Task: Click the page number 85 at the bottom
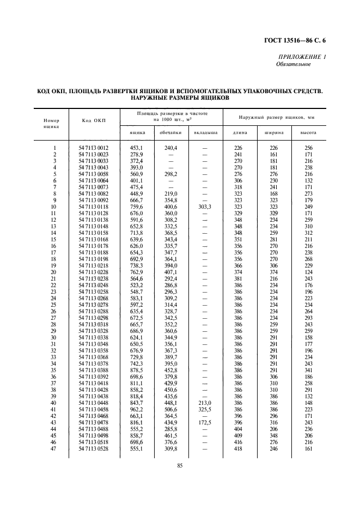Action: [x=179, y=465]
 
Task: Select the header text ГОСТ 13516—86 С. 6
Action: [x=303, y=40]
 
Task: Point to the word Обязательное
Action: [x=294, y=64]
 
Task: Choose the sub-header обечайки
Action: [x=170, y=132]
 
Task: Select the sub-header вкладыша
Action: [x=205, y=132]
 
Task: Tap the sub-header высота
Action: [x=308, y=132]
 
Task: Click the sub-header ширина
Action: [x=273, y=132]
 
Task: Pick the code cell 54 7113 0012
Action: [x=93, y=148]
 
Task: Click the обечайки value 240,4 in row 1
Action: [x=170, y=148]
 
